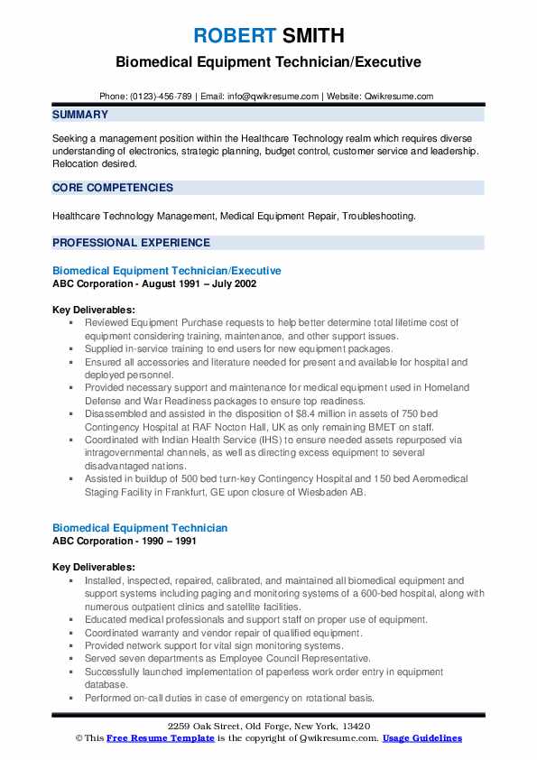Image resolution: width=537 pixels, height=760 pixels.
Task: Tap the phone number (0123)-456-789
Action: [162, 97]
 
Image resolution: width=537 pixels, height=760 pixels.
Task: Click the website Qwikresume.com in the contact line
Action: [399, 97]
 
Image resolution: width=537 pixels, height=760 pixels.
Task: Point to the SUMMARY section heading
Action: [80, 115]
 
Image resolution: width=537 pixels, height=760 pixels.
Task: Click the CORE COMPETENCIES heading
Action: [113, 188]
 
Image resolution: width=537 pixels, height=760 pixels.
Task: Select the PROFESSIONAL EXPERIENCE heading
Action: [131, 243]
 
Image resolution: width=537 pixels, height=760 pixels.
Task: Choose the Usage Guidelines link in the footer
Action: [422, 738]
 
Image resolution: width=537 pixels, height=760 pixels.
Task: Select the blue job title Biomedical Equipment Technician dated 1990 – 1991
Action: [140, 527]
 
